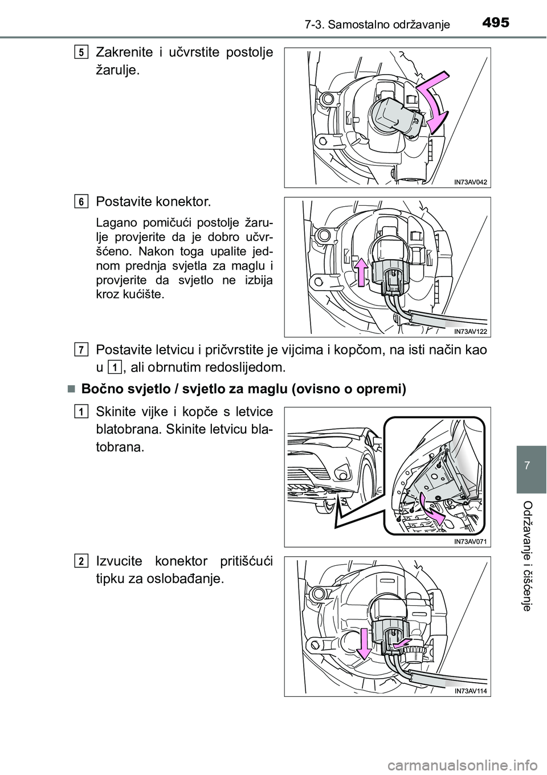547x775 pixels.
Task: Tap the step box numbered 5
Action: coord(81,53)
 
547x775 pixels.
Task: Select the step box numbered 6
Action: coord(81,202)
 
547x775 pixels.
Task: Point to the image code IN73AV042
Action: coord(472,181)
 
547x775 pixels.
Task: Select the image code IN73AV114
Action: coord(472,690)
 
